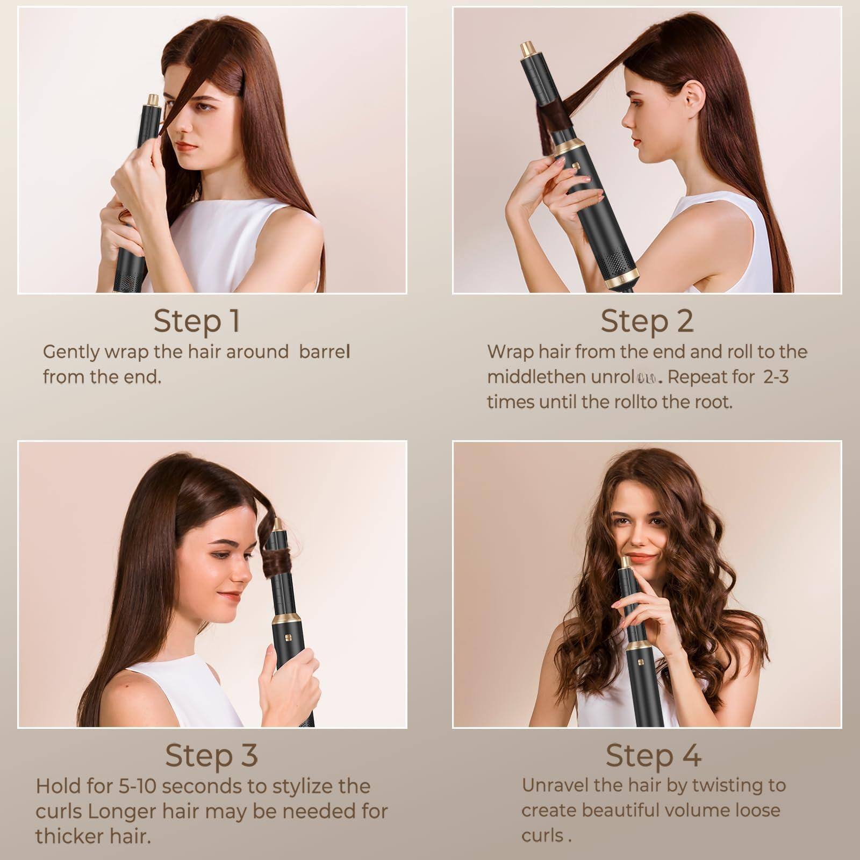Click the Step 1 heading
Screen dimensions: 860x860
click(196, 321)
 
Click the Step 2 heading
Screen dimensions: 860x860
click(647, 321)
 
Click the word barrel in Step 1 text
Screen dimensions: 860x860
click(324, 352)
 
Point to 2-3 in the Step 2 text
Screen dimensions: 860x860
click(776, 377)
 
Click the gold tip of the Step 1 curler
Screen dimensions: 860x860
click(153, 100)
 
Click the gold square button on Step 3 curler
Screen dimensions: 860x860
click(288, 638)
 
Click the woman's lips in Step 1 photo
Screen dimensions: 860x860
click(187, 146)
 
